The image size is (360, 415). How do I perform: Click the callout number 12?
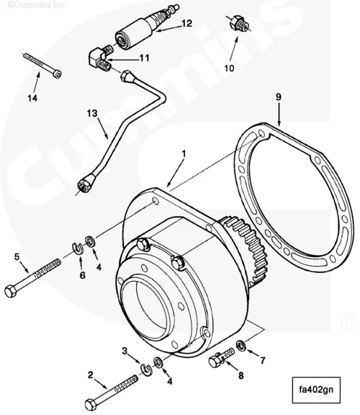(186, 23)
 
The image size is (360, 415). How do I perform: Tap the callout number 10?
(230, 69)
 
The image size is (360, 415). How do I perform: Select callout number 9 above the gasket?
(279, 94)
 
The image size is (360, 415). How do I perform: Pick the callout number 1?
(184, 153)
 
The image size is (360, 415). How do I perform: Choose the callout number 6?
(81, 275)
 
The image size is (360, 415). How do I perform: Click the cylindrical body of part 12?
(132, 35)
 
